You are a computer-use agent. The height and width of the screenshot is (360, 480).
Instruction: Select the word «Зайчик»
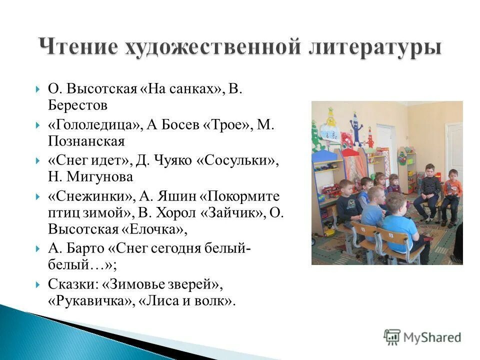pyautogui.click(x=239, y=212)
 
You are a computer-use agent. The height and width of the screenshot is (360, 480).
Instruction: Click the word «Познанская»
pyautogui.click(x=85, y=141)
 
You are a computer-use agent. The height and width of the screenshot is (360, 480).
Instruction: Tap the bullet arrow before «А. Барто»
pyautogui.click(x=38, y=248)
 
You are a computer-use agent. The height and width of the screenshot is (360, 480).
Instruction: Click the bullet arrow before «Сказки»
pyautogui.click(x=38, y=284)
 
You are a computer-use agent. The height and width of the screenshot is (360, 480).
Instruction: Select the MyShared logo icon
pyautogui.click(x=392, y=336)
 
